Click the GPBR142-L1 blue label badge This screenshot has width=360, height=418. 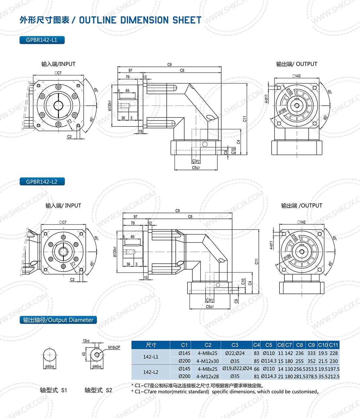[x=42, y=40]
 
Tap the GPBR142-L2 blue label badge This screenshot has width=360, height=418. [x=42, y=181]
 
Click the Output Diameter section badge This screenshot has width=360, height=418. [x=58, y=320]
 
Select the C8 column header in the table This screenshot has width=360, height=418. [x=299, y=345]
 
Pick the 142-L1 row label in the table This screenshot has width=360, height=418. [x=151, y=357]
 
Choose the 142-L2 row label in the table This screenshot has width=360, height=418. [x=151, y=372]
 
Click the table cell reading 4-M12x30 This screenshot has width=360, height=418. [x=208, y=361]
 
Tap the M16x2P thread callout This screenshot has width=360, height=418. [x=114, y=347]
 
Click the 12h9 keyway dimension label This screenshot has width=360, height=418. [x=86, y=341]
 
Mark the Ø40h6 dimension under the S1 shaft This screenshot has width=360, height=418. [x=50, y=367]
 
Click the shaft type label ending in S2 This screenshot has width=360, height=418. [x=98, y=390]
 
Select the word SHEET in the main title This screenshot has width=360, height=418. [x=187, y=20]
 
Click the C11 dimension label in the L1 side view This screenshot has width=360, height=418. [x=244, y=119]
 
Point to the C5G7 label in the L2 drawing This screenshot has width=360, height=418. [x=210, y=307]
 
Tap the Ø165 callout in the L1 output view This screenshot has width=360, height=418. [x=290, y=91]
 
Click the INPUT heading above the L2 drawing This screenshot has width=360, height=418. [x=73, y=206]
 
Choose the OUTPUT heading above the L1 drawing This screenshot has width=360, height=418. [x=307, y=64]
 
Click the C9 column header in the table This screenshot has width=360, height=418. [x=311, y=345]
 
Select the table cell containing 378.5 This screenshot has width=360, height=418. [x=311, y=376]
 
